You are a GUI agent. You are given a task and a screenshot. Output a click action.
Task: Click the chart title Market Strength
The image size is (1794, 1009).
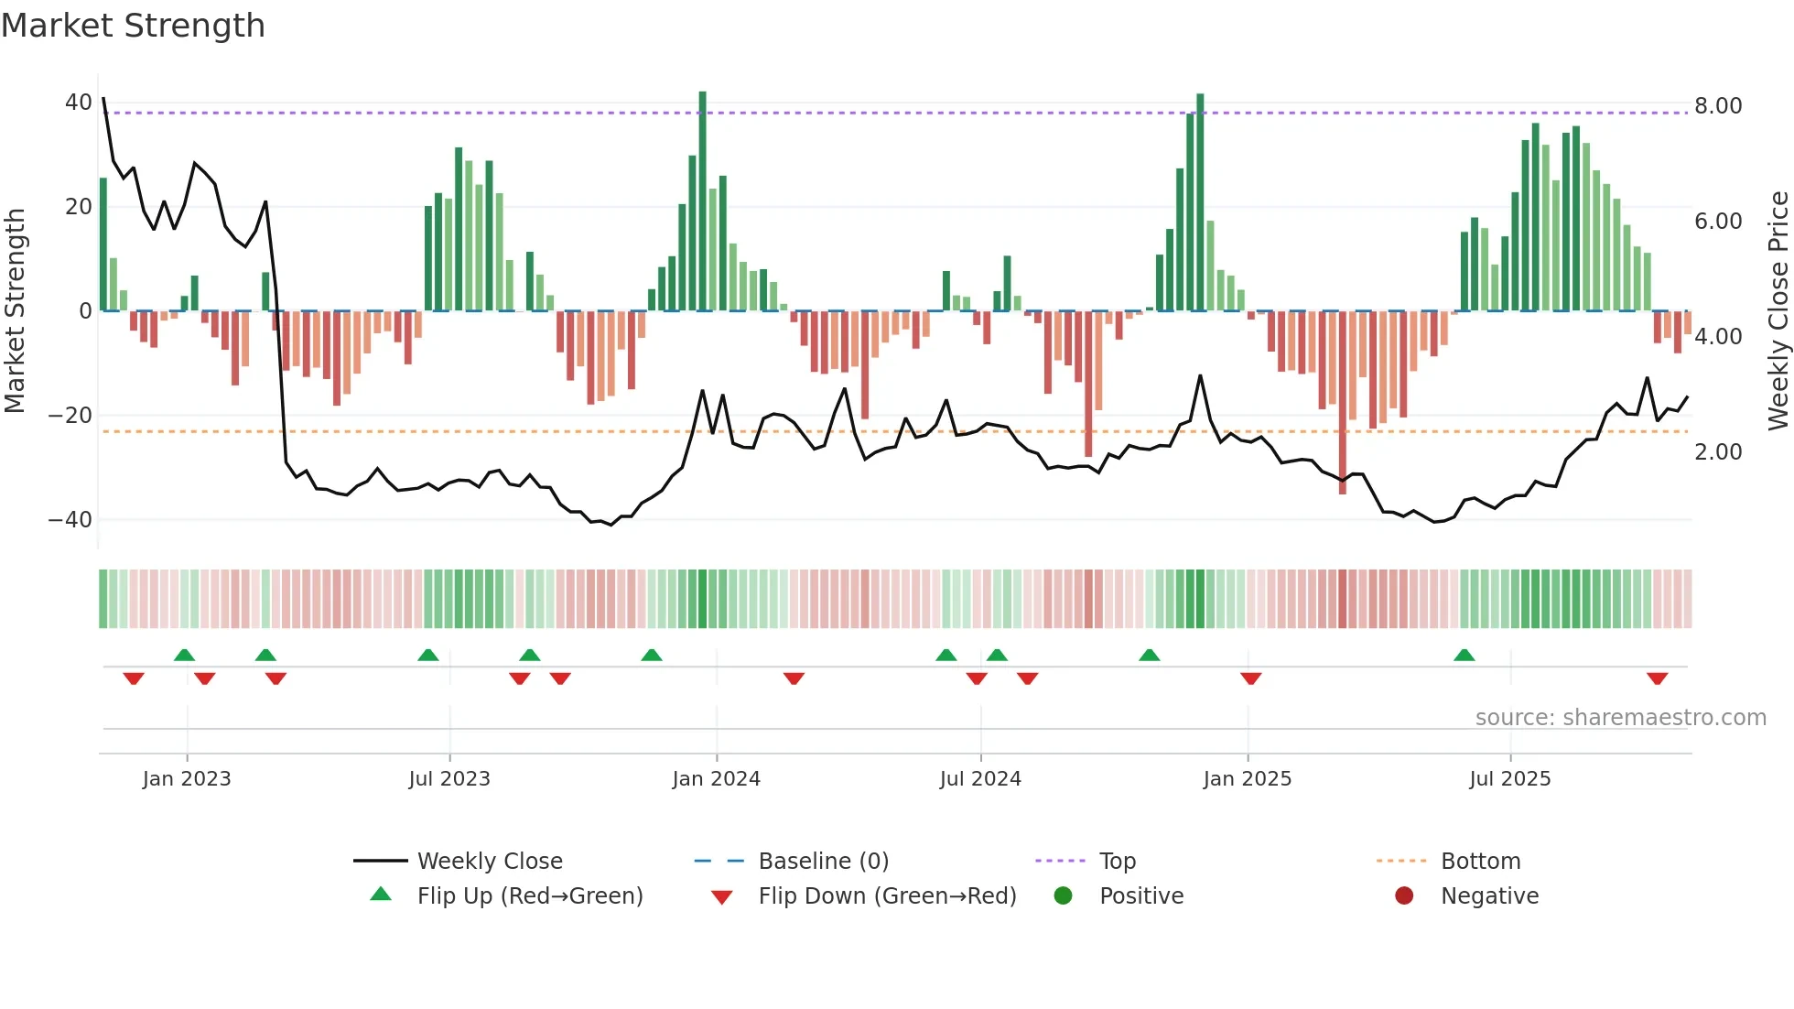tap(134, 26)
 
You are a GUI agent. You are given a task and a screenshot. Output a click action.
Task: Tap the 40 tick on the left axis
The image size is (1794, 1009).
tap(78, 103)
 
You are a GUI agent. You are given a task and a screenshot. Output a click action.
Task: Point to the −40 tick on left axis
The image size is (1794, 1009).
tap(70, 520)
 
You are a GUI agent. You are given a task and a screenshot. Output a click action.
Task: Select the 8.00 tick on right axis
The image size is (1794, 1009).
tap(1718, 106)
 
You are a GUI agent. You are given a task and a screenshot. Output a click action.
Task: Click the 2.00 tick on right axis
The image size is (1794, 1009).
tap(1718, 452)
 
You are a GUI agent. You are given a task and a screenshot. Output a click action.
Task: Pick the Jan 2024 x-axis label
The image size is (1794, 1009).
tap(716, 779)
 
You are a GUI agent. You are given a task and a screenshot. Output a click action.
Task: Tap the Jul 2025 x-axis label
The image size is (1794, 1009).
tap(1509, 779)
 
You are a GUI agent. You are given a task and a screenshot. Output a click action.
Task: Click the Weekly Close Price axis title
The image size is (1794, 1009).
tap(1778, 311)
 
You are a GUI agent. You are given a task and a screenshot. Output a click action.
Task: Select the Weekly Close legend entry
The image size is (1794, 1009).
tap(489, 862)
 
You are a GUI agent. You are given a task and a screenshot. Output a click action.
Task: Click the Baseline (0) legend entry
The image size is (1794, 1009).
tap(823, 862)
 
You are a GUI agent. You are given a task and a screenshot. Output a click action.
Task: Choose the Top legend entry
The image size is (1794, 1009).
tap(1117, 862)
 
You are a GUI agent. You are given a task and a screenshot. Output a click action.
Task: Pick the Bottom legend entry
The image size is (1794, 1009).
tap(1480, 862)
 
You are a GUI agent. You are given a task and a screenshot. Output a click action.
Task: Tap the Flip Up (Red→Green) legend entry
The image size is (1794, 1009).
tap(529, 896)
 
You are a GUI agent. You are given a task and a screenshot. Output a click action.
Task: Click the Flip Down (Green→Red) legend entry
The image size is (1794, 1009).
tap(886, 896)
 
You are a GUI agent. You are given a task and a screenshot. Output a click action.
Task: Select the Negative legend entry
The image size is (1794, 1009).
tap(1489, 896)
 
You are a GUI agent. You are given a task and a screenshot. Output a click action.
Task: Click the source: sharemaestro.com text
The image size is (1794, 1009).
tap(1620, 718)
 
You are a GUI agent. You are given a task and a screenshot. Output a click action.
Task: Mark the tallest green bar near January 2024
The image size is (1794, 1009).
tap(702, 201)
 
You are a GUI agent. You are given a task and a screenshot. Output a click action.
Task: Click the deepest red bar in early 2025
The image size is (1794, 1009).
tap(1343, 403)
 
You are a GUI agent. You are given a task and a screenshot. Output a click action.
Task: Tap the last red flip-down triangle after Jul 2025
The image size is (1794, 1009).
tap(1657, 678)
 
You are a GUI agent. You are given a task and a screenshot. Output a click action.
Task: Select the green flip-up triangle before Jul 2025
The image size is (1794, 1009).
tap(1464, 655)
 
